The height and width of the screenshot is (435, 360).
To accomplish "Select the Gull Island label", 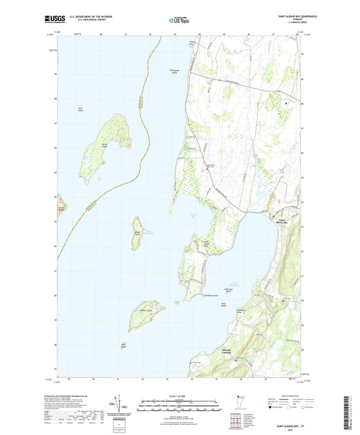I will (80, 109).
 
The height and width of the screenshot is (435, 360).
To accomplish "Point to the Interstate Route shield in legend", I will (276, 408).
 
